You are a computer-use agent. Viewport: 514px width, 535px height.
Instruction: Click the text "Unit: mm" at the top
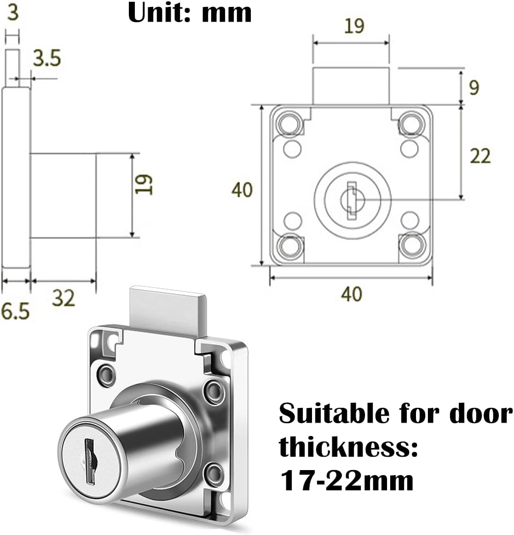click(190, 13)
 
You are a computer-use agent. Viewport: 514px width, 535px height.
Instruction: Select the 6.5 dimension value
click(15, 312)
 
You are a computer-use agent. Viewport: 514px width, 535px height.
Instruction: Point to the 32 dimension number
click(64, 298)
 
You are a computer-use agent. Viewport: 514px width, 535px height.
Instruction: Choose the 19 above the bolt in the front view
click(354, 26)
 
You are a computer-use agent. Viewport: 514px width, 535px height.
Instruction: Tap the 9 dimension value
click(474, 87)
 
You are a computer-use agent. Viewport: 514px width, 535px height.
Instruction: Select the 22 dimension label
click(480, 156)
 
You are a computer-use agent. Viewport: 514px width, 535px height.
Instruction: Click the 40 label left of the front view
click(242, 189)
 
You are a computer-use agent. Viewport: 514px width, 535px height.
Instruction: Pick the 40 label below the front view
click(352, 294)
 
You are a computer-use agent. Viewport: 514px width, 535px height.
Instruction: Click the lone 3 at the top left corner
click(13, 12)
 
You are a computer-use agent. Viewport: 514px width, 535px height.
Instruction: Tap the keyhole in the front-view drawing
click(352, 199)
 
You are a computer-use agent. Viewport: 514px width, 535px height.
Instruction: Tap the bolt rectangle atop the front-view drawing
click(351, 86)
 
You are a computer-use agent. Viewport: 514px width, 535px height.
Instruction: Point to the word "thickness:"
click(348, 448)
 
